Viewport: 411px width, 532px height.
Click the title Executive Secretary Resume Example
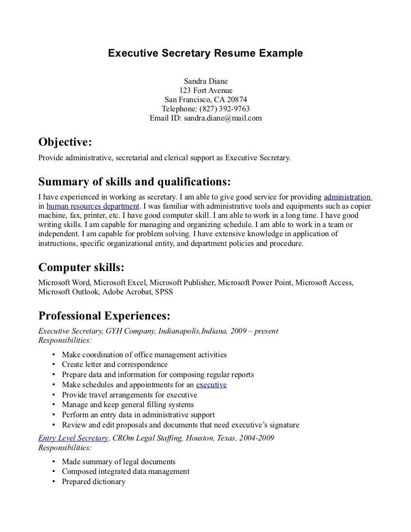[x=205, y=53]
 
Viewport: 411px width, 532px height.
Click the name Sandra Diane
[x=205, y=81]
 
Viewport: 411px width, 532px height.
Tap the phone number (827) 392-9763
[x=224, y=108]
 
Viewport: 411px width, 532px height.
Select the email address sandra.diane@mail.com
[x=223, y=118]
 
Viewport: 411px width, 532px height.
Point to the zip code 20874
[x=237, y=99]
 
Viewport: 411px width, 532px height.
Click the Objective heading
[x=65, y=142]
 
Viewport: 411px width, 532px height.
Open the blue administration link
[x=347, y=197]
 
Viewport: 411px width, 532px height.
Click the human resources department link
[x=93, y=206]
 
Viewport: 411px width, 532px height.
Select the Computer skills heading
[x=81, y=268]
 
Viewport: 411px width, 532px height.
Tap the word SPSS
[x=164, y=292]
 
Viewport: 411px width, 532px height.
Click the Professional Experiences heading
[x=104, y=316]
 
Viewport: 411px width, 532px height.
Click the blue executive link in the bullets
[x=211, y=385]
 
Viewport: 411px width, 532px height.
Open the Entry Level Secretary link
[x=73, y=438]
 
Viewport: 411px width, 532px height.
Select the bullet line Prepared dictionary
[x=93, y=482]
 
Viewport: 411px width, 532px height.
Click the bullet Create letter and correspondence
[x=115, y=365]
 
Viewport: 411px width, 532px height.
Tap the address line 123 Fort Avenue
[x=205, y=90]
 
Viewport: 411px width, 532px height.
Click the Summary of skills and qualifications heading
[x=134, y=182]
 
